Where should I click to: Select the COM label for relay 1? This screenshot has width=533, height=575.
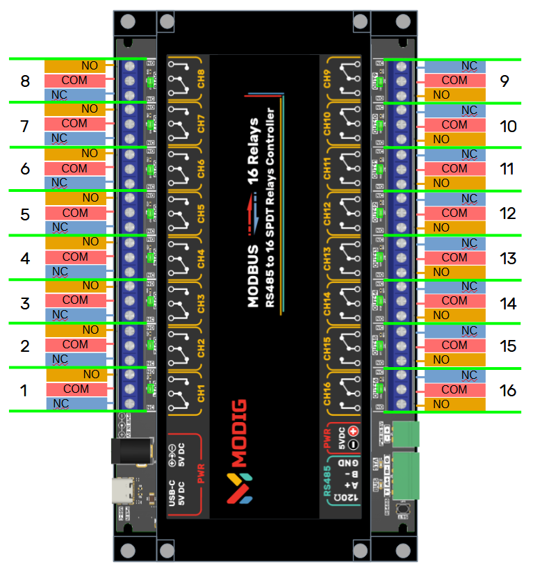[x=76, y=389]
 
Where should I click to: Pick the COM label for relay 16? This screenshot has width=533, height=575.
[x=454, y=389]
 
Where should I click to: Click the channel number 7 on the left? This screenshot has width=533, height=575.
[x=24, y=127]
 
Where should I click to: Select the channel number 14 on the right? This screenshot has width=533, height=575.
[x=508, y=303]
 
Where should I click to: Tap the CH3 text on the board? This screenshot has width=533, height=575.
[x=201, y=303]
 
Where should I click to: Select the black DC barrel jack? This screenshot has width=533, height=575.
[x=131, y=452]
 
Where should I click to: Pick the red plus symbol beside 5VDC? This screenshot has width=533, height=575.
[x=352, y=431]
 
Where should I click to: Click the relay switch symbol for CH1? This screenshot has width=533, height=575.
[x=180, y=391]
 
